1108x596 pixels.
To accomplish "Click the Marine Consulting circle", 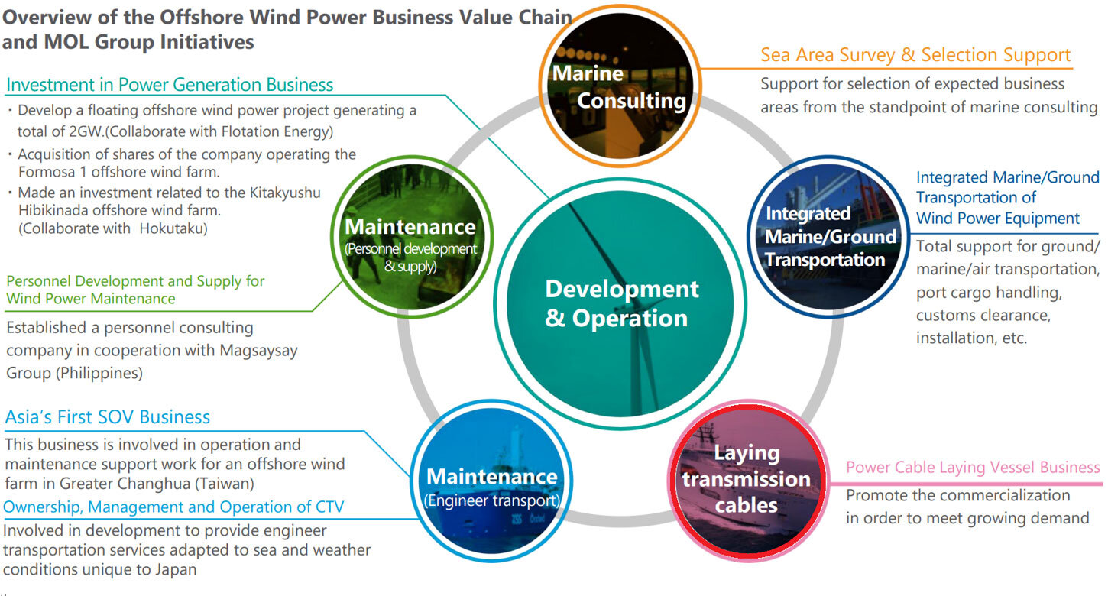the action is (x=620, y=86).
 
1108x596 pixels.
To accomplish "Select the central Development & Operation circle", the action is (x=620, y=303).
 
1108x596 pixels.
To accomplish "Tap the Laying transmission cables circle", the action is (x=748, y=481).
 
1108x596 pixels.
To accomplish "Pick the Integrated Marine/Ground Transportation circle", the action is (x=828, y=237).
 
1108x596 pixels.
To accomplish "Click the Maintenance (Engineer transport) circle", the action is (x=491, y=481).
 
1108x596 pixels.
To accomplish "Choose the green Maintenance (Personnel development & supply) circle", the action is (x=412, y=237).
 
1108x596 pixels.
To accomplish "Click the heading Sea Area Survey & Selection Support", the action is (x=915, y=54).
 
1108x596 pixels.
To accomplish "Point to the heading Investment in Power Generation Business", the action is (x=170, y=85).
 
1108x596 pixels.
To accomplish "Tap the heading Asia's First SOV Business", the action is (x=107, y=417).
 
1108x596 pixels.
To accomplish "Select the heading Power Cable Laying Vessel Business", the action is (x=973, y=467).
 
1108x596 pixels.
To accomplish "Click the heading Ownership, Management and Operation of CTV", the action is (x=173, y=507).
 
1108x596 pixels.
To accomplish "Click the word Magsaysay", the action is (x=259, y=351).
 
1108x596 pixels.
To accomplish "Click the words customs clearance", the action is (x=983, y=315).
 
